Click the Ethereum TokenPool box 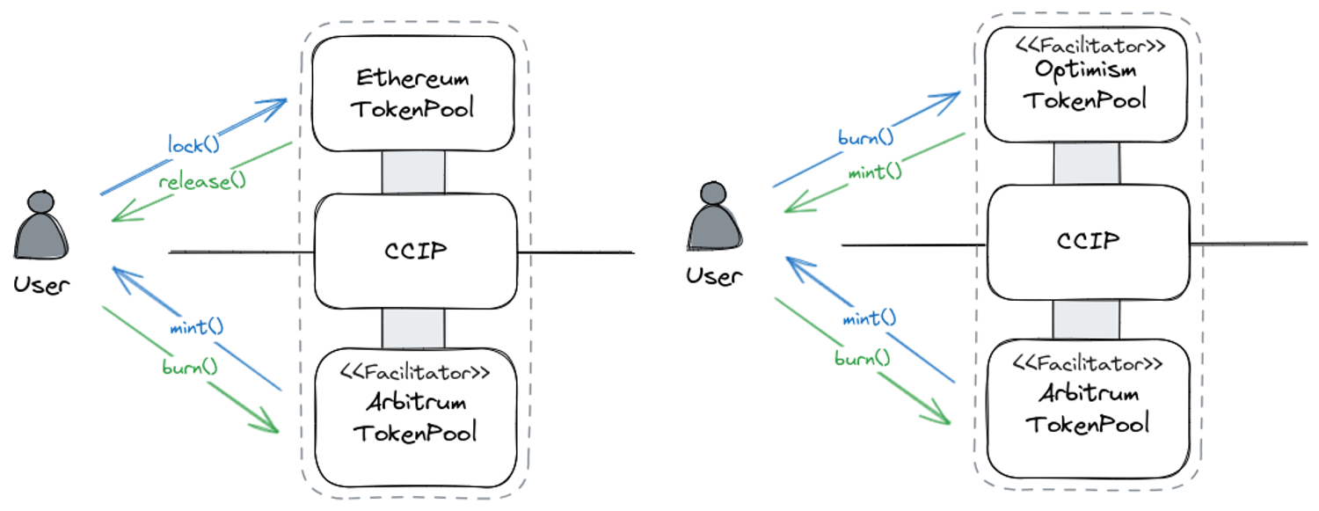[x=413, y=93]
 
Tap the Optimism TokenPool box [x=1086, y=84]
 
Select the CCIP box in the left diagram [x=415, y=251]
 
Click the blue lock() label [x=193, y=142]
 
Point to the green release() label [x=201, y=182]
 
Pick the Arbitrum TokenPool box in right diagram [x=1088, y=408]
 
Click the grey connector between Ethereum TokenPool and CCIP [x=413, y=172]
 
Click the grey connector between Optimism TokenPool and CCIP [x=1086, y=164]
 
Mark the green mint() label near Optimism [x=874, y=172]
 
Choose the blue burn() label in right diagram [x=865, y=137]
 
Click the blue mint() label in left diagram [x=196, y=327]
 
